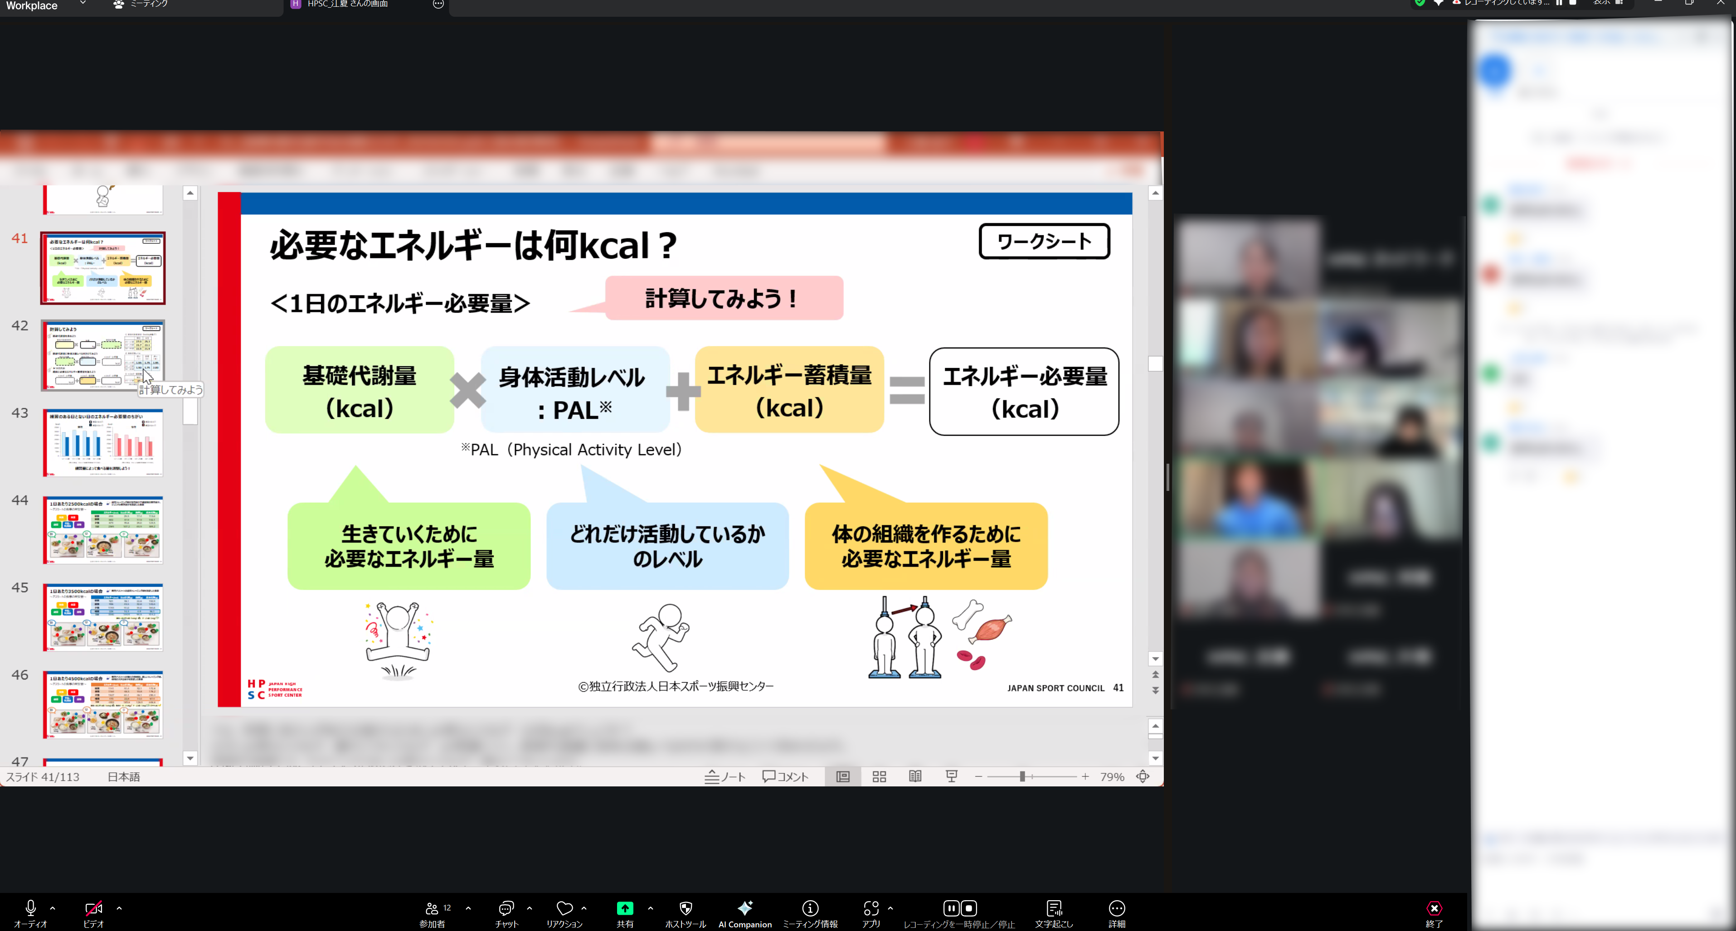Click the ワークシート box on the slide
click(1044, 241)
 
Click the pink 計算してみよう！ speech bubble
click(724, 298)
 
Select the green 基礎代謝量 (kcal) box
click(359, 390)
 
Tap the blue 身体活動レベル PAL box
click(574, 391)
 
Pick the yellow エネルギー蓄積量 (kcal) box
click(789, 390)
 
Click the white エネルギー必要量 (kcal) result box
click(1024, 392)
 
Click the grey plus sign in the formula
click(683, 391)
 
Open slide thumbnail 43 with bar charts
click(103, 442)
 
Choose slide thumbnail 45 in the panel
click(103, 617)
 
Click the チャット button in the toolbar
click(506, 913)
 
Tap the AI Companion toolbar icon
click(744, 913)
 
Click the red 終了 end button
click(1434, 913)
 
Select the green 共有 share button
click(625, 913)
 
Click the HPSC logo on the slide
click(275, 689)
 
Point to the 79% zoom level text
click(1112, 777)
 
